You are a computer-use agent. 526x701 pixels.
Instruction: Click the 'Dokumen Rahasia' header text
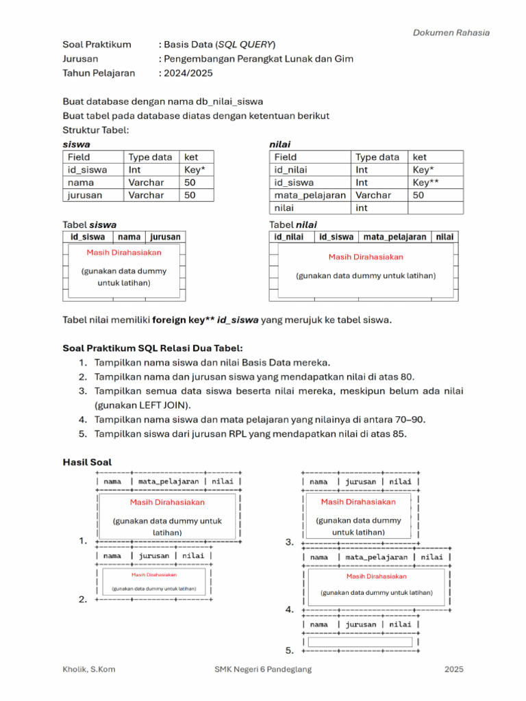tap(451, 32)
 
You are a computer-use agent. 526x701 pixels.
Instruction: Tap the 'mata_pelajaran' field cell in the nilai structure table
tap(310, 195)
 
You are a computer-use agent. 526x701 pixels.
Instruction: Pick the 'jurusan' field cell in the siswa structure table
tap(85, 195)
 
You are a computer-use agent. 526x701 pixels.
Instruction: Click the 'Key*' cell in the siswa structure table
tap(195, 170)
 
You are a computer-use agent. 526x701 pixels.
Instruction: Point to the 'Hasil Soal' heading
tap(87, 463)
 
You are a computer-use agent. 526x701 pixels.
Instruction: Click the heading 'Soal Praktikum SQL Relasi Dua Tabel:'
tap(153, 348)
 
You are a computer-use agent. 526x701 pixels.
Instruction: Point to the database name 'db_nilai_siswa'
tap(229, 102)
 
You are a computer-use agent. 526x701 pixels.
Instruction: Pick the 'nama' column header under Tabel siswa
tap(129, 237)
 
